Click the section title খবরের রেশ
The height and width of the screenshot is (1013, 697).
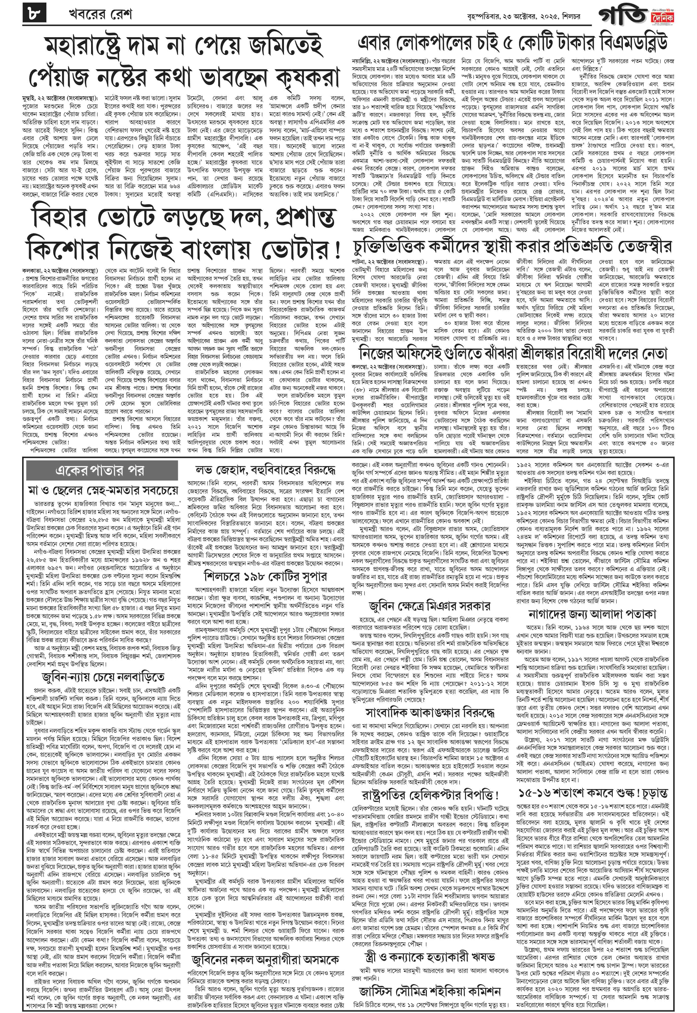point(100,15)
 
